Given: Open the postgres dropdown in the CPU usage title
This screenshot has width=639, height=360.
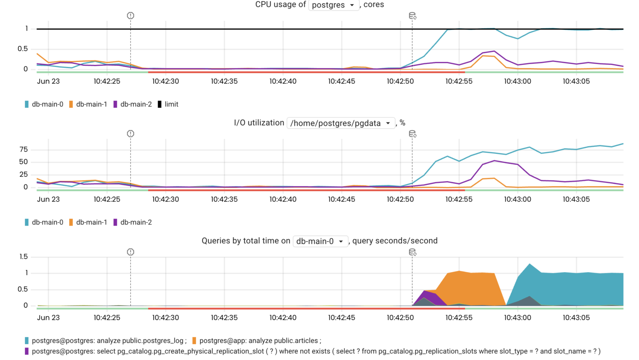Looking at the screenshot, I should click(334, 5).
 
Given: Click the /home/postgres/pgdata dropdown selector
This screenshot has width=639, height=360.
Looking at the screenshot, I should click(340, 123).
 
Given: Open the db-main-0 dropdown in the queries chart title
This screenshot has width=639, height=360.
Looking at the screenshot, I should click(320, 241).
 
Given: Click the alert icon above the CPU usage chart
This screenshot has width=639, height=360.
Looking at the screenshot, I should click(131, 16).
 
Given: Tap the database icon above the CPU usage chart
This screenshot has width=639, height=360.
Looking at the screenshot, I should click(412, 16).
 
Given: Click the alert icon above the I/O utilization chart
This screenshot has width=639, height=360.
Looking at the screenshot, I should click(131, 134).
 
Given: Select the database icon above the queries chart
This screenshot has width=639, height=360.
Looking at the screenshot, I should click(412, 252).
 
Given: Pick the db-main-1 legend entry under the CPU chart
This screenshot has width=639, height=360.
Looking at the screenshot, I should click(87, 104).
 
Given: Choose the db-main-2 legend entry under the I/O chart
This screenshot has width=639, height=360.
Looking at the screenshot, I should click(132, 223).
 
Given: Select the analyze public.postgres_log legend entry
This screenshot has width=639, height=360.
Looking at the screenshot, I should click(105, 341).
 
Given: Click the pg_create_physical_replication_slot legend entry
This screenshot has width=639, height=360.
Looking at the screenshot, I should click(312, 352).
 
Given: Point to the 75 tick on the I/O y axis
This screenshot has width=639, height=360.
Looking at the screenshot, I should click(23, 149).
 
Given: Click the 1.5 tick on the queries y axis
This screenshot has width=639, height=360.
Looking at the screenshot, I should click(23, 257).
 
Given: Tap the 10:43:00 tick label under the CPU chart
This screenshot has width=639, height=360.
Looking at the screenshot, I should click(518, 82).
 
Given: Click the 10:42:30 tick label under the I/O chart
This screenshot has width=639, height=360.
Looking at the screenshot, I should click(166, 199).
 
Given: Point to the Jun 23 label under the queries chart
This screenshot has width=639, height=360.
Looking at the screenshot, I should click(48, 318).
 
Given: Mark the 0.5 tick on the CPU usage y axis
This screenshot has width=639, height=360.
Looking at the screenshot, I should click(23, 49).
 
